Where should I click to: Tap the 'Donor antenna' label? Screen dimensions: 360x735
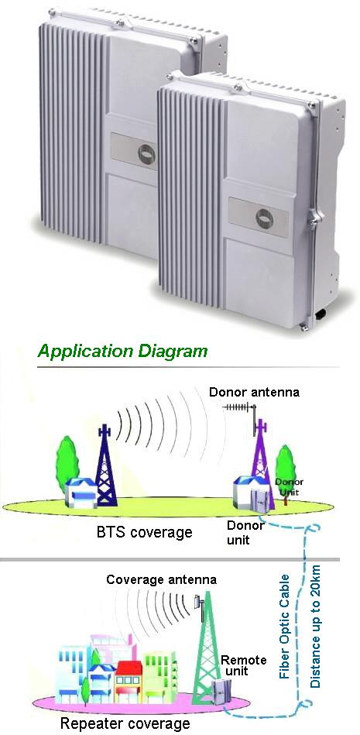(x=254, y=392)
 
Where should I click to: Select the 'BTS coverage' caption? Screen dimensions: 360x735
(x=144, y=533)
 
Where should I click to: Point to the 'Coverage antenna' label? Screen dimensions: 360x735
(x=161, y=579)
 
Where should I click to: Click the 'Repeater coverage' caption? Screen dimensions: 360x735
(x=125, y=723)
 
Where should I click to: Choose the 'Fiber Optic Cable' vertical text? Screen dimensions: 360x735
(x=285, y=627)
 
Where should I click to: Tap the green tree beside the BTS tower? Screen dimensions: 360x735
(x=67, y=464)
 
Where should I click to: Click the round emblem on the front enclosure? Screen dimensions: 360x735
(x=266, y=218)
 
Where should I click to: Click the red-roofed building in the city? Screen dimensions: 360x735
(x=128, y=681)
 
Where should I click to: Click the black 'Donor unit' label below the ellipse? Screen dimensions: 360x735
(x=245, y=532)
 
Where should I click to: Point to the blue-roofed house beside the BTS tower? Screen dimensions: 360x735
(x=80, y=492)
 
